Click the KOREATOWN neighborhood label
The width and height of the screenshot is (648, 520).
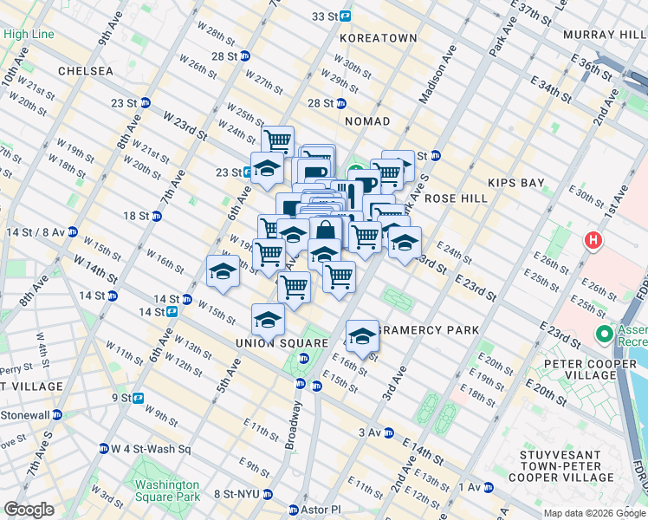[379, 39]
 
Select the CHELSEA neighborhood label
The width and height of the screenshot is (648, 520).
[86, 70]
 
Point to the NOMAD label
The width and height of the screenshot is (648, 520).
[367, 122]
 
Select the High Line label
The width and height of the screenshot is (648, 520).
[28, 35]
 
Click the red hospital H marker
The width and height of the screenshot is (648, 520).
[593, 239]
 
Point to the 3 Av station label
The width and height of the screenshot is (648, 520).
[370, 432]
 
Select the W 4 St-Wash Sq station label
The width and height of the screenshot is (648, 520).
[151, 449]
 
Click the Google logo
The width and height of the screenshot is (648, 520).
[29, 510]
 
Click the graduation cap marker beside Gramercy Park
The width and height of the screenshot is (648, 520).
[362, 335]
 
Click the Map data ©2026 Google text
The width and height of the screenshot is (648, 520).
[593, 513]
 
